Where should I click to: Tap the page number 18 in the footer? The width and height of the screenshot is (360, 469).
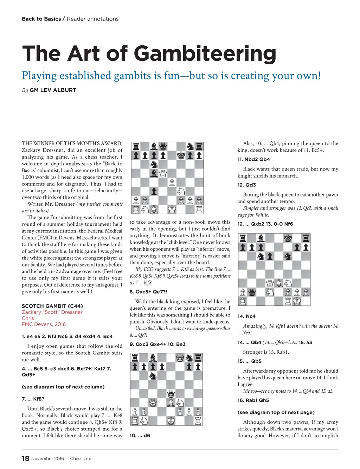(x=25, y=458)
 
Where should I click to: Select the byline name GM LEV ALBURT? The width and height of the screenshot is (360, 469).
(x=53, y=90)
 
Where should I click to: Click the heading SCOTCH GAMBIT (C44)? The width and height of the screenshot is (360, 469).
(x=52, y=306)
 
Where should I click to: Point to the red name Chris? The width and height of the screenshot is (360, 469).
(x=28, y=318)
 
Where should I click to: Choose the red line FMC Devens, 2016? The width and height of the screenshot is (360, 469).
(x=44, y=324)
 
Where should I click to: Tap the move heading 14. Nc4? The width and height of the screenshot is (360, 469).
(x=246, y=316)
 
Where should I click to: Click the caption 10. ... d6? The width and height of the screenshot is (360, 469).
(x=140, y=435)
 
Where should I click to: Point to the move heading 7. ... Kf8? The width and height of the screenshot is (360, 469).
(x=33, y=399)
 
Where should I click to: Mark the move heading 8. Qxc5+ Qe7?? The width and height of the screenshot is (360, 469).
(x=148, y=292)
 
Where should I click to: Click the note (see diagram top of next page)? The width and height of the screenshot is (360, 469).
(x=276, y=412)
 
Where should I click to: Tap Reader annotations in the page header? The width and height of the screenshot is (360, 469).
(x=92, y=19)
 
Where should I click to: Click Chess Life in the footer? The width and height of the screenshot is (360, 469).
(x=81, y=458)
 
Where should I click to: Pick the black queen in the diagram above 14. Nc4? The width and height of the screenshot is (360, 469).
(x=252, y=292)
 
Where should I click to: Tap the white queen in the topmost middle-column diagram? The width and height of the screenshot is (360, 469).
(x=163, y=173)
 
